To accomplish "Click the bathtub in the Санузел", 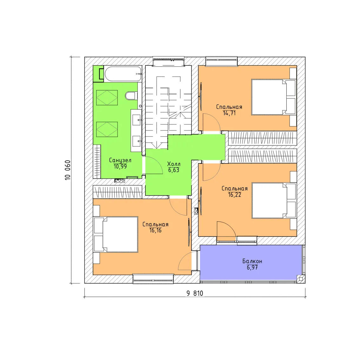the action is pyautogui.click(x=123, y=74).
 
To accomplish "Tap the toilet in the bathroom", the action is pyautogui.click(x=131, y=96).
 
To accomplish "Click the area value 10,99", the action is pyautogui.click(x=120, y=166).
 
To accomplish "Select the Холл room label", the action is pyautogui.click(x=174, y=164).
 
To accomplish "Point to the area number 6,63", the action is pyautogui.click(x=174, y=170).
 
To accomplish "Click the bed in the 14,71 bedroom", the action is pyautogui.click(x=273, y=97).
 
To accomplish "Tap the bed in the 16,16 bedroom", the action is pyautogui.click(x=116, y=234).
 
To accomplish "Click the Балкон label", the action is pyautogui.click(x=252, y=261).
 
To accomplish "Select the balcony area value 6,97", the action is pyautogui.click(x=252, y=267).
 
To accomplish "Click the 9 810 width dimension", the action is pyautogui.click(x=195, y=293).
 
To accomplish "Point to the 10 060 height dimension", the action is pyautogui.click(x=68, y=170).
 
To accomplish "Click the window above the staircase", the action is pyautogui.click(x=169, y=61).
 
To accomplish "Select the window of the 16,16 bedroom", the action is pyautogui.click(x=153, y=279).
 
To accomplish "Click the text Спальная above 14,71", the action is pyautogui.click(x=229, y=107).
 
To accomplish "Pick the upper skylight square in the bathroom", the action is pyautogui.click(x=107, y=97).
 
